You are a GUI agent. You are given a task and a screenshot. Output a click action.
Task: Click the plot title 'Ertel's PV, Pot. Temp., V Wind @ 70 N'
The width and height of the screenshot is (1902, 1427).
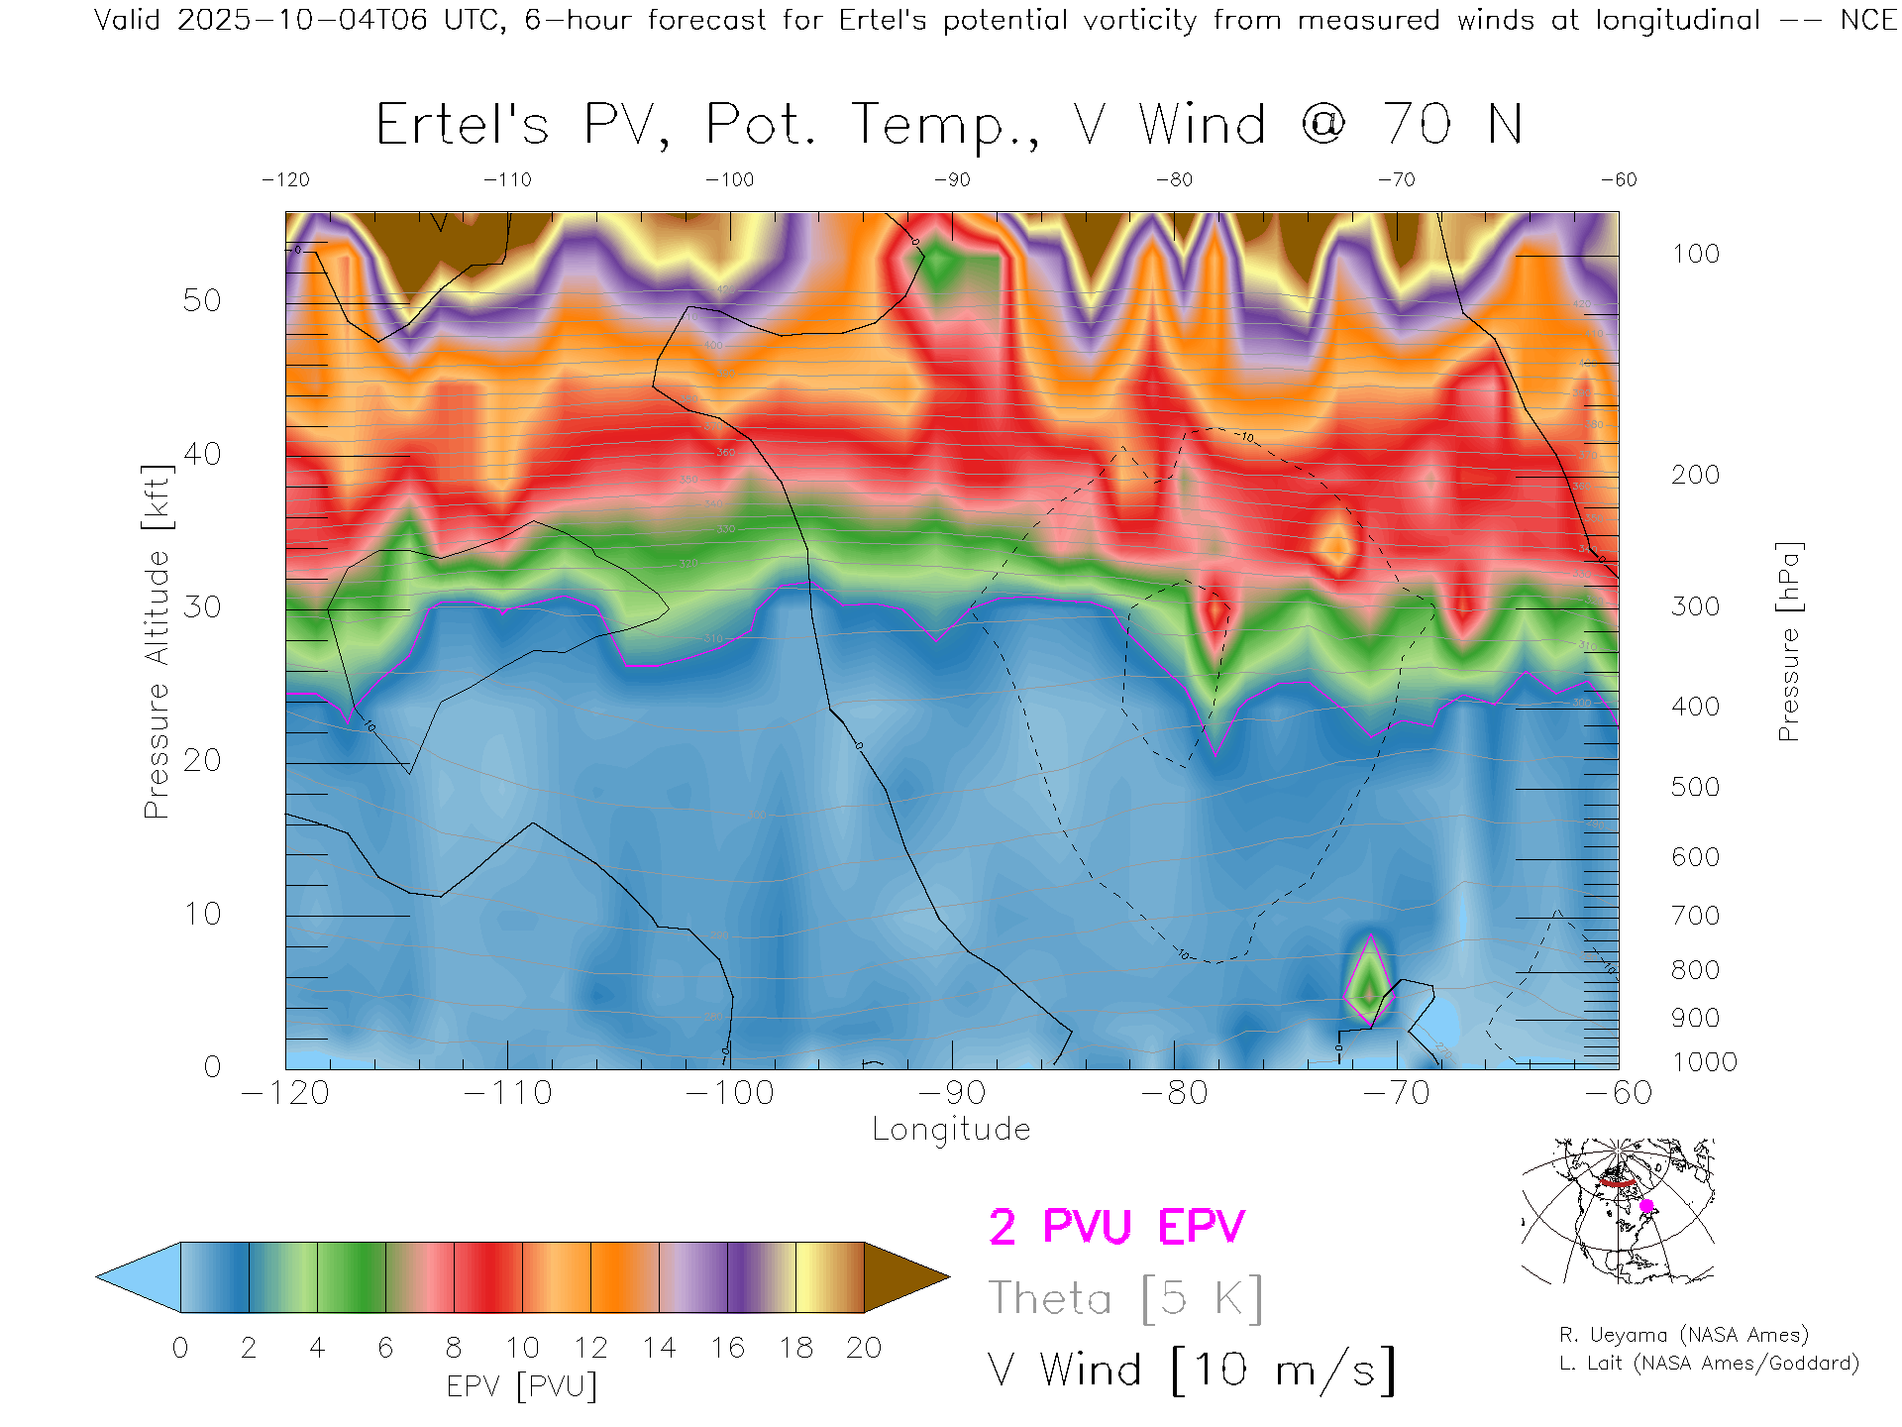[x=948, y=126]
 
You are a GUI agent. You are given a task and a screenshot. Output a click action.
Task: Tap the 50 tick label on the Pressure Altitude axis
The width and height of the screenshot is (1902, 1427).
[x=202, y=300]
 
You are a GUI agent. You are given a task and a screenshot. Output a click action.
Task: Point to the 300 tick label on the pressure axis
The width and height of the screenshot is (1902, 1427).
[x=1695, y=606]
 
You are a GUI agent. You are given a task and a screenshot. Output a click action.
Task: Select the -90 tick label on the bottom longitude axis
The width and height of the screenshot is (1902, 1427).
[x=952, y=1093]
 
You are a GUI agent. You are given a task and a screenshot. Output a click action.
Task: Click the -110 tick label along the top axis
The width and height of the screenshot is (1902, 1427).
[x=507, y=179]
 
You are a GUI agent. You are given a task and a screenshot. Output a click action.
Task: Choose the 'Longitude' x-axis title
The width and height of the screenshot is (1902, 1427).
[x=951, y=1130]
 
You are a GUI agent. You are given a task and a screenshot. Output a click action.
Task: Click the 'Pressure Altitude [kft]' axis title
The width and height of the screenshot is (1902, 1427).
[x=157, y=641]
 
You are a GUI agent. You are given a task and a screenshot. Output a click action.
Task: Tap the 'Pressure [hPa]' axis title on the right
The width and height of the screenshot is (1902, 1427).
[x=1789, y=641]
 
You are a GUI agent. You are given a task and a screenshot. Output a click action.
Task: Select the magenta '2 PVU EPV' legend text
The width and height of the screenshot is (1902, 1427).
[x=1116, y=1227]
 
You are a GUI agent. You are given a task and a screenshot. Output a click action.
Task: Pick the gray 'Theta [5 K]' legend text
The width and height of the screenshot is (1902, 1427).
[x=1125, y=1298]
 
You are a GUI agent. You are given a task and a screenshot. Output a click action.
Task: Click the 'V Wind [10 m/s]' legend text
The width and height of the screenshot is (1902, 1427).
[x=1192, y=1371]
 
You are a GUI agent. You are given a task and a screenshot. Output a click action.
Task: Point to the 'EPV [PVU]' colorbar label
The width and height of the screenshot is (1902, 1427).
[x=521, y=1386]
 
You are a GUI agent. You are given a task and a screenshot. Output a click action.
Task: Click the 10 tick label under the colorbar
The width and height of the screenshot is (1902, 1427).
[x=522, y=1348]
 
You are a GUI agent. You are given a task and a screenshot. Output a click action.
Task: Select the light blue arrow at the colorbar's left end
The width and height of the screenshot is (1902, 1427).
[x=139, y=1277]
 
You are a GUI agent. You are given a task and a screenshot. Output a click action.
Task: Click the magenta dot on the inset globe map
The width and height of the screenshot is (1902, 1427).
[x=1646, y=1206]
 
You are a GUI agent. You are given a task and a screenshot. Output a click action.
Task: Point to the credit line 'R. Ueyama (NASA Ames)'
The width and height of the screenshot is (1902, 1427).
[x=1683, y=1335]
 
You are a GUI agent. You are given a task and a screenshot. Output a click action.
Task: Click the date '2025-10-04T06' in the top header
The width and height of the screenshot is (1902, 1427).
[x=302, y=20]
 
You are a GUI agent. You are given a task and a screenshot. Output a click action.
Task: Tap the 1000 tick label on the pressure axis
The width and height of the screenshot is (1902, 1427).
[x=1704, y=1062]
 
